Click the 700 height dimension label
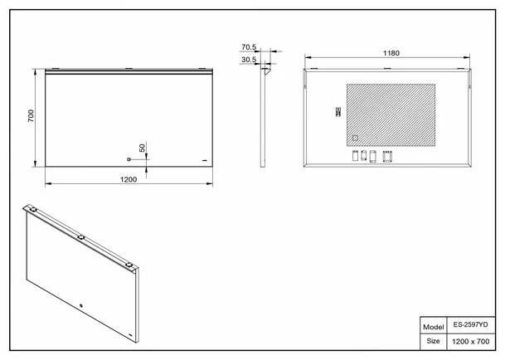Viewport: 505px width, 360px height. tap(31, 115)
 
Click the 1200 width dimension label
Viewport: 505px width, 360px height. tap(129, 179)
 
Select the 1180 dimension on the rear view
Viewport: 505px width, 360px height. tap(391, 53)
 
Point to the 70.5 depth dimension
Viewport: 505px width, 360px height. tap(249, 47)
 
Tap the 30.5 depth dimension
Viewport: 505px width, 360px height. tap(249, 60)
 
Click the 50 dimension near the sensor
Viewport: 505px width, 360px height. tap(142, 148)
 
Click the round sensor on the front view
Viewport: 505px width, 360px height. tap(129, 159)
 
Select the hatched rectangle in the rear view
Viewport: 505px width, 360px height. tap(391, 115)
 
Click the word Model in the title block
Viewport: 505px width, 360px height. tap(433, 327)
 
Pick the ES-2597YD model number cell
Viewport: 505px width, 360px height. tap(470, 324)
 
